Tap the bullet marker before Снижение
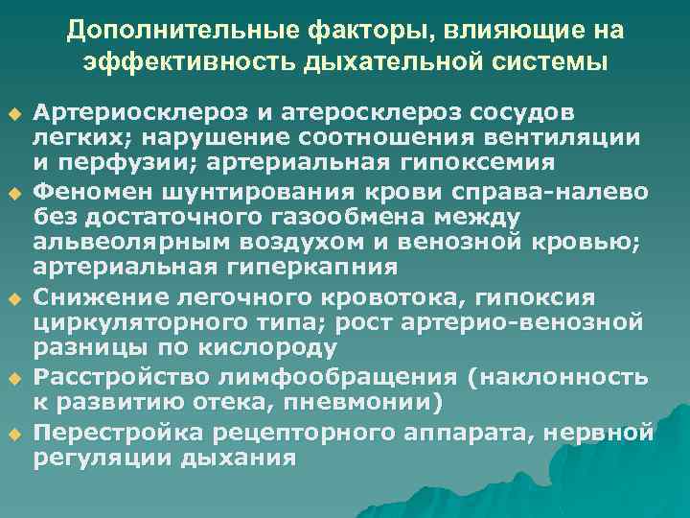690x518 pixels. tap(12, 297)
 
